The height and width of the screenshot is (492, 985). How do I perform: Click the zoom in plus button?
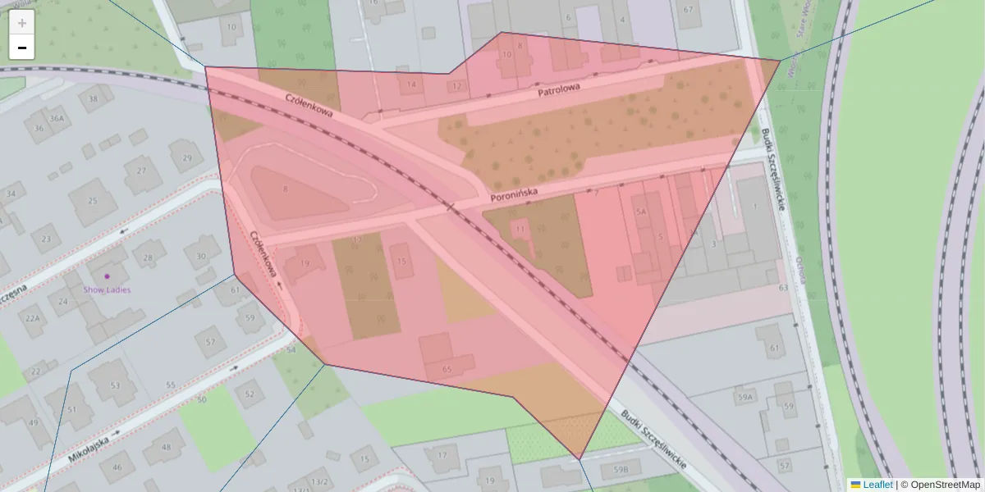[22, 23]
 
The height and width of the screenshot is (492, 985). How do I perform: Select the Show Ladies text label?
[107, 289]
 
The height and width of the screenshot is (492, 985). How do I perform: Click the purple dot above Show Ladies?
[107, 276]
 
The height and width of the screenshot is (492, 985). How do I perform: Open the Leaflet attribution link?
[877, 485]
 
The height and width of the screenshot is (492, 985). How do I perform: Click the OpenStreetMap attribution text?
[945, 485]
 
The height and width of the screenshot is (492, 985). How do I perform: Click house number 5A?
[642, 211]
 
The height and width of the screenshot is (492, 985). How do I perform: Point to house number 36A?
[56, 118]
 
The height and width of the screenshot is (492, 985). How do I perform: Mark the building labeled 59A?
[744, 398]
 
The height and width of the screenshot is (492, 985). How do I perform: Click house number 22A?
[33, 318]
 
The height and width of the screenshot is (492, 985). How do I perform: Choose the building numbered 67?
[688, 10]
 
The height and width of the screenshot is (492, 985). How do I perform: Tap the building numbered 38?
[94, 99]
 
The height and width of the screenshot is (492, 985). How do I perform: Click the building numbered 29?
[187, 157]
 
